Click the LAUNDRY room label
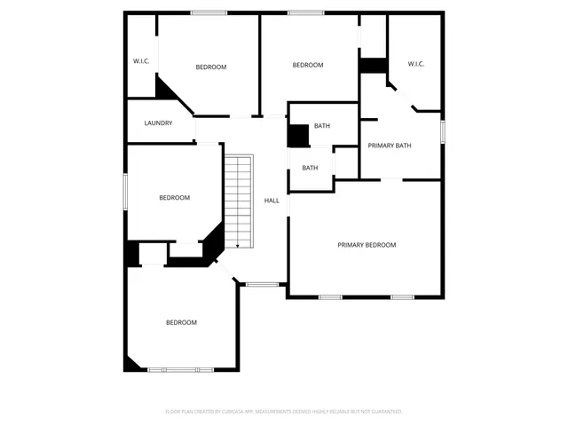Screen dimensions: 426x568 pos(157,123)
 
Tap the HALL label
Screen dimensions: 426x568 pos(272,201)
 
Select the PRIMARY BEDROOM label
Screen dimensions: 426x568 pos(366,245)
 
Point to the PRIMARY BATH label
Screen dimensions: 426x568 pos(390,146)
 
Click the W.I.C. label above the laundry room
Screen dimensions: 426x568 pos(140,61)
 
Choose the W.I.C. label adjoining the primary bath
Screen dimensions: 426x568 pos(416,64)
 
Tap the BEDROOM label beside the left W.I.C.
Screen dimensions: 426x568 pos(211,67)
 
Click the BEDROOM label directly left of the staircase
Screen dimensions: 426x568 pos(174,198)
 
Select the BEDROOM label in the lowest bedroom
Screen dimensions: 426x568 pos(181,322)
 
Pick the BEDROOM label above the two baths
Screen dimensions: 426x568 pos(308,65)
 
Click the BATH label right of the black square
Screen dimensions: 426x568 pos(321,126)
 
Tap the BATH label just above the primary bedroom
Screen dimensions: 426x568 pos(310,168)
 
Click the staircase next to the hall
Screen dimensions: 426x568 pos(239,200)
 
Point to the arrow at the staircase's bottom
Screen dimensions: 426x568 pos(238,245)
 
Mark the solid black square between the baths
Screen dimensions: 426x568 pos(296,135)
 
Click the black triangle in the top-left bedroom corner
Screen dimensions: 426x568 pos(165,88)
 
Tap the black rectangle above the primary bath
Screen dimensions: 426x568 pos(373,66)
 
